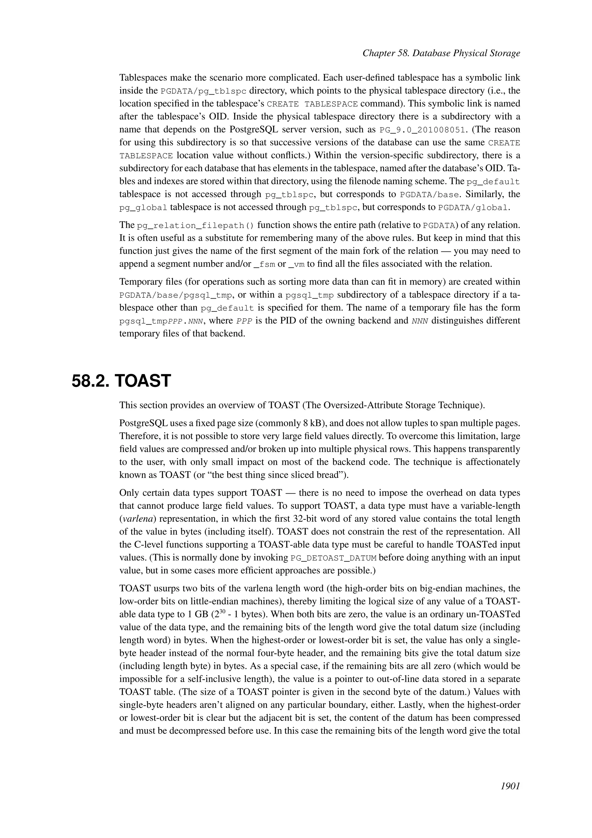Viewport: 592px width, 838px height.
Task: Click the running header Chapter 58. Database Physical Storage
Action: (441, 53)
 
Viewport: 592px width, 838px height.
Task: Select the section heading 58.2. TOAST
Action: (121, 381)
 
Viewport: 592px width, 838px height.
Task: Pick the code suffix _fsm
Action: (264, 264)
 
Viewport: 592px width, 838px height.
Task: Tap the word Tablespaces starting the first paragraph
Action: (143, 78)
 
